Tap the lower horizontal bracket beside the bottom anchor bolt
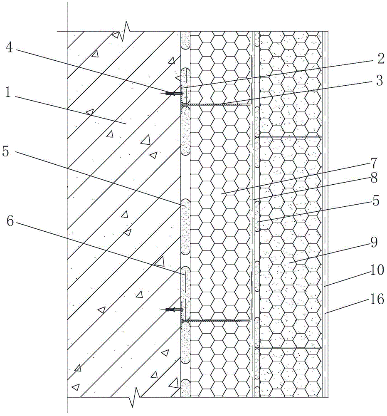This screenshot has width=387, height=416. click(x=216, y=321)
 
